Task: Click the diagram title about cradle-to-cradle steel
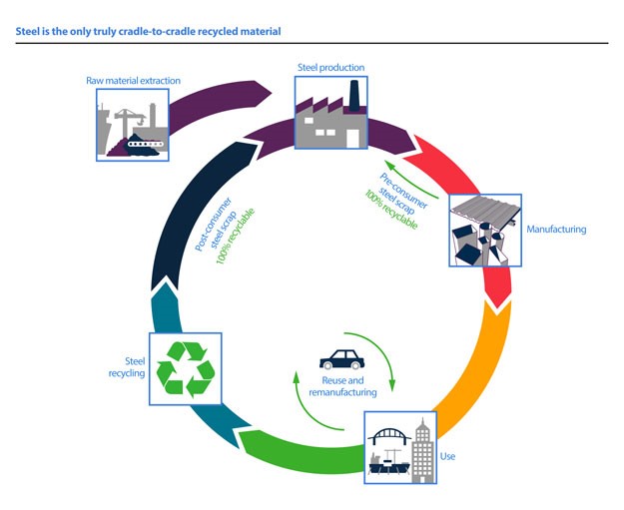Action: coord(149,31)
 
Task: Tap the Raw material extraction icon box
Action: coord(132,123)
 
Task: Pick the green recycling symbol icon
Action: coord(183,370)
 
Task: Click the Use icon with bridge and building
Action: coord(400,445)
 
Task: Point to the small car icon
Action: coord(340,358)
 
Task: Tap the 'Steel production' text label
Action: coord(330,68)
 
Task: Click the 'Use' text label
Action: coord(448,456)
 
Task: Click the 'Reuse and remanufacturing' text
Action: coord(341,387)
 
